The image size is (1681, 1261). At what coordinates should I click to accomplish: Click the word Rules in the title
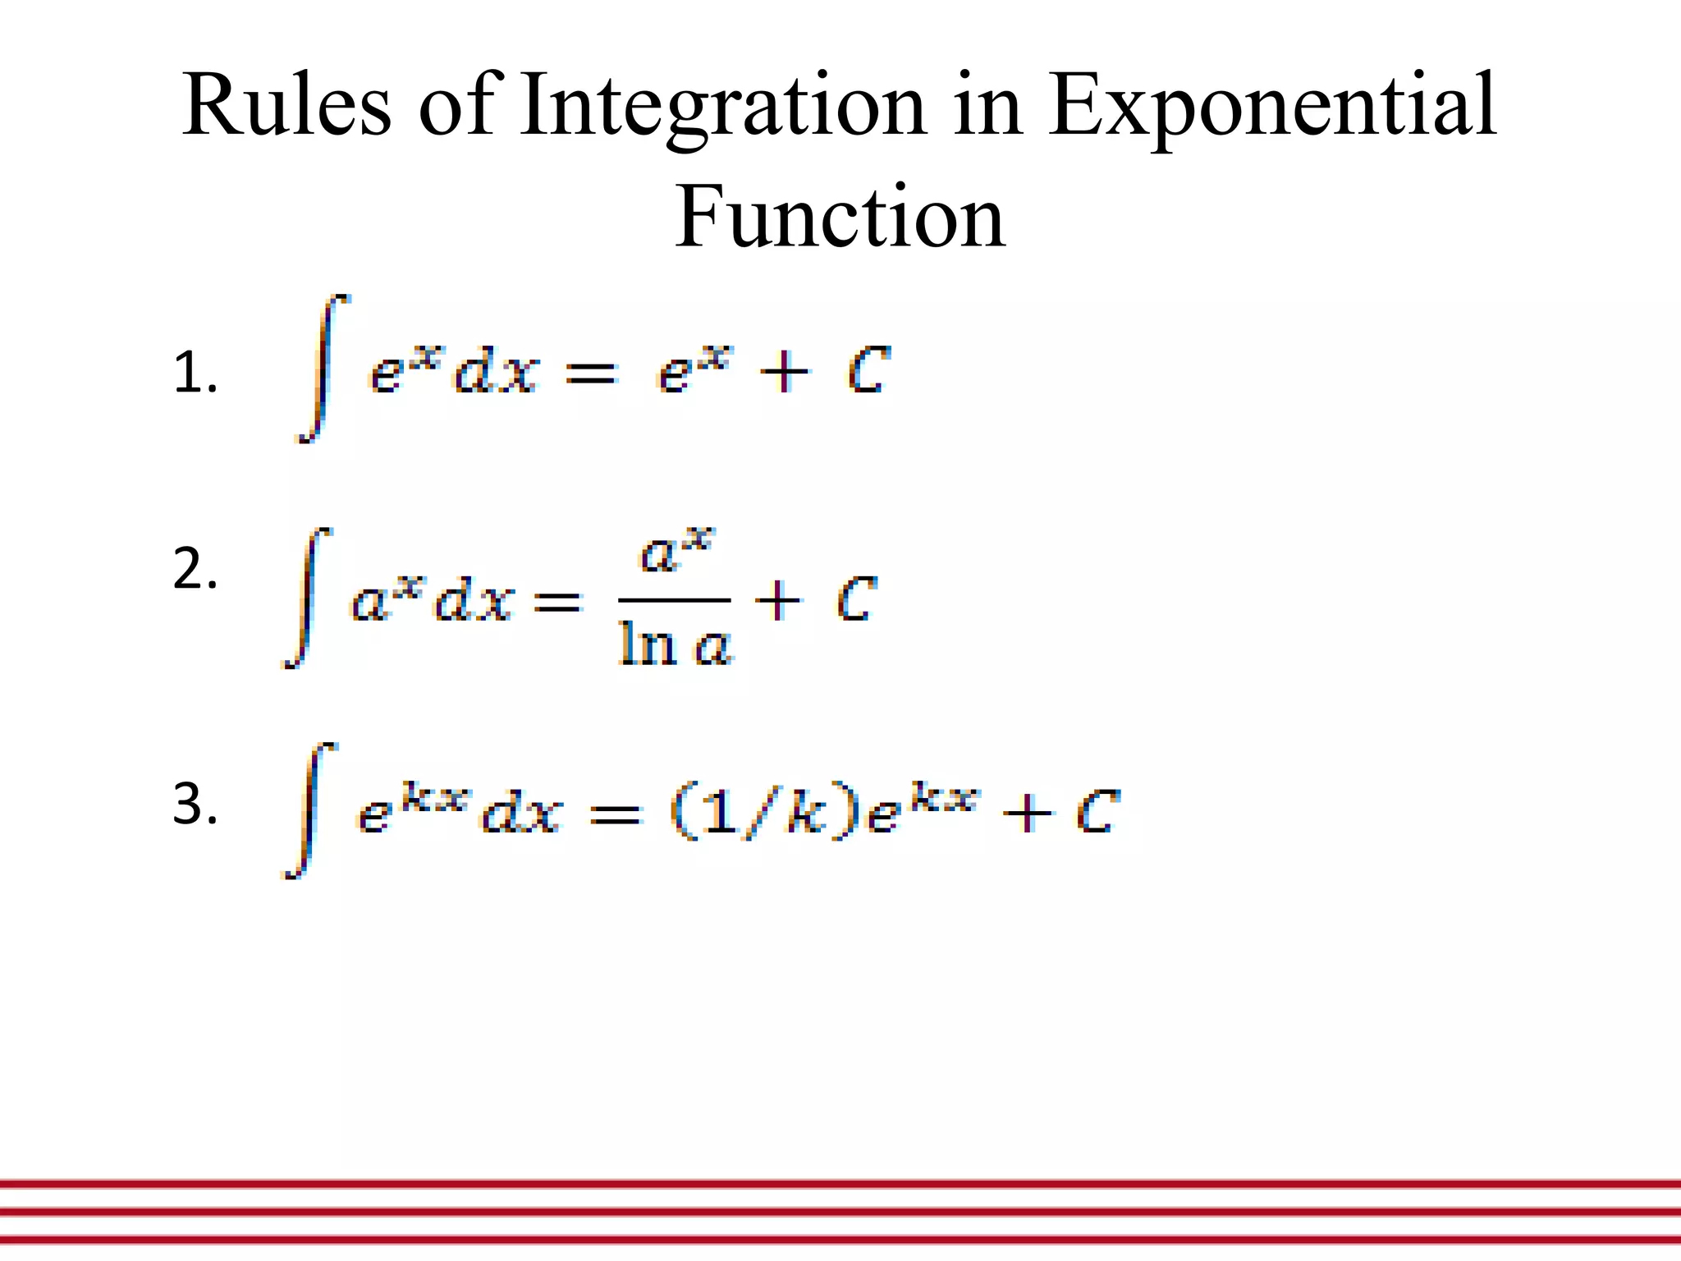pyautogui.click(x=287, y=105)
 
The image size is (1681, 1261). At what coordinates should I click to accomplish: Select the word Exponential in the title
pyautogui.click(x=1272, y=107)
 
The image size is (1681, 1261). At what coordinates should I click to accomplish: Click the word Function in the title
pyautogui.click(x=840, y=217)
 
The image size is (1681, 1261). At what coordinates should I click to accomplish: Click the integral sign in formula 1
pyautogui.click(x=323, y=369)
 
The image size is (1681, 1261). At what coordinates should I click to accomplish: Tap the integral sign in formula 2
pyautogui.click(x=307, y=598)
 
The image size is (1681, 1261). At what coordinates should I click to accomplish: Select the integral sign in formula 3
pyautogui.click(x=309, y=810)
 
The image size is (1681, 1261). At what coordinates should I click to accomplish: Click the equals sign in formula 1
pyautogui.click(x=590, y=375)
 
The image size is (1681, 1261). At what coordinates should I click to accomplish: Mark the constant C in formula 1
pyautogui.click(x=868, y=371)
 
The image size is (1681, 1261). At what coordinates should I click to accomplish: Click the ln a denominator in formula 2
pyautogui.click(x=675, y=644)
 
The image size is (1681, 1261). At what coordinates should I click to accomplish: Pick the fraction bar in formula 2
pyautogui.click(x=674, y=601)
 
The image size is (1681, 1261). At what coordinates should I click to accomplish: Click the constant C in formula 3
pyautogui.click(x=1097, y=813)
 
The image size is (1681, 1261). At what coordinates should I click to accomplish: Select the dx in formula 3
pyautogui.click(x=521, y=814)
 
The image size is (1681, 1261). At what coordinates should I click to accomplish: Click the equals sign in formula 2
pyautogui.click(x=557, y=603)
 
